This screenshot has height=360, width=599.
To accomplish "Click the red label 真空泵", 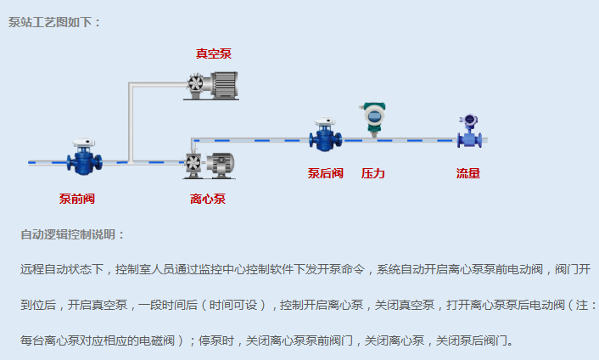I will (213, 53).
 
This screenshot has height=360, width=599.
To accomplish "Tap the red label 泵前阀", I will (76, 199).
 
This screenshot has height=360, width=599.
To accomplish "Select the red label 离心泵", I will (208, 199).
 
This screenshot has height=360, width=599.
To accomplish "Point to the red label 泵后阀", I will (325, 173).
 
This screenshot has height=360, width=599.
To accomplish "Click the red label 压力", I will (373, 173).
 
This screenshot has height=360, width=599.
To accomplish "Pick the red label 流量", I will (468, 173).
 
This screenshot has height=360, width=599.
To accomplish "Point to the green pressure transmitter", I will (373, 118).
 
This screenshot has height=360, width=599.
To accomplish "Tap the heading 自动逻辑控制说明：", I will (73, 234).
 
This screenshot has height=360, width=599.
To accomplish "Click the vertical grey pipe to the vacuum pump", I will (130, 123).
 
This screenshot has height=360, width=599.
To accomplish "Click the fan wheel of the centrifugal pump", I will (193, 162).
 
